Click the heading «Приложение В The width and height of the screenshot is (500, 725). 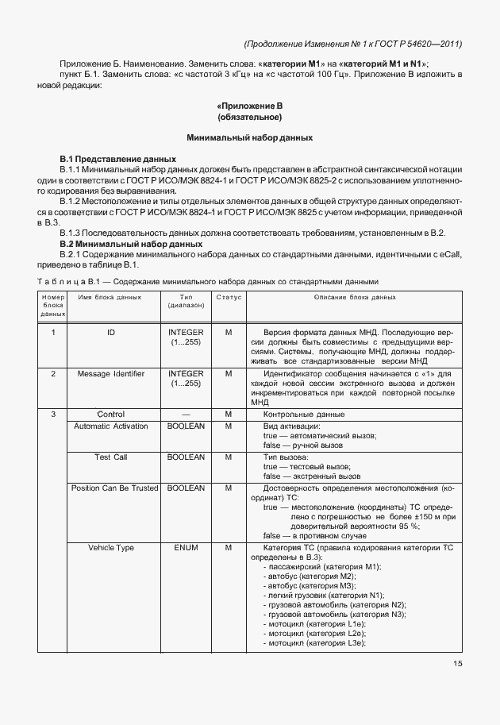click(250, 106)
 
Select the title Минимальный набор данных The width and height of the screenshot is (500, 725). click(250, 138)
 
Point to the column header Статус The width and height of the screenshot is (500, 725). click(228, 297)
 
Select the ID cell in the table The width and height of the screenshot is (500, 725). click(110, 332)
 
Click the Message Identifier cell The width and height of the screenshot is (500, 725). click(110, 373)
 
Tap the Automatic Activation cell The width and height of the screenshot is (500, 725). click(110, 426)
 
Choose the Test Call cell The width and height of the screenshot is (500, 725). click(110, 457)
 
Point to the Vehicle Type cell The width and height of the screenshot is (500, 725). click(110, 548)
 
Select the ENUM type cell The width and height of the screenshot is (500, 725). click(187, 548)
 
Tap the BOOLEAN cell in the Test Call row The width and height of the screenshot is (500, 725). click(187, 457)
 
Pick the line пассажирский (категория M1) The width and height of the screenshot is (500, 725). click(326, 566)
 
